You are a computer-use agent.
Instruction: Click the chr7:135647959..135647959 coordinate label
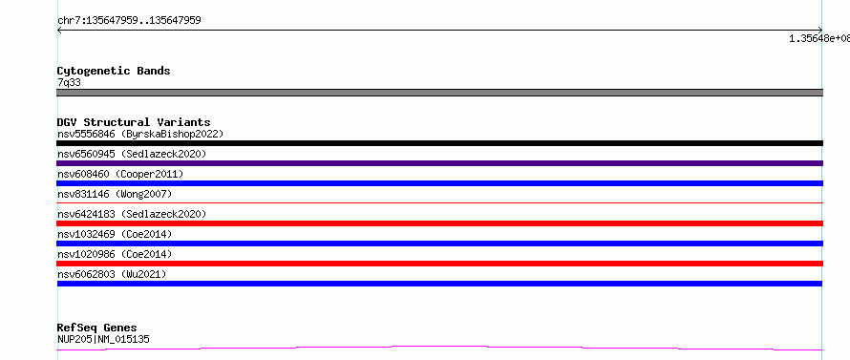click(x=129, y=21)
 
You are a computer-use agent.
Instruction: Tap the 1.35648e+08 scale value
click(x=819, y=38)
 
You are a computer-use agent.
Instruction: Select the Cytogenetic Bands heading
click(x=114, y=71)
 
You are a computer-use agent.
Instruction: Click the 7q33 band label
click(x=70, y=82)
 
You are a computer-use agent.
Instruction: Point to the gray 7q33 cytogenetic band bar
click(x=439, y=93)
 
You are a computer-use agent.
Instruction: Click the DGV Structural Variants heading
click(x=134, y=122)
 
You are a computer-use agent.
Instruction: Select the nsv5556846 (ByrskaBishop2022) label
click(x=140, y=134)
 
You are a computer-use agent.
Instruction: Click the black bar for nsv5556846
click(x=439, y=143)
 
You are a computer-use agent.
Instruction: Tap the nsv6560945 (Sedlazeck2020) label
click(x=132, y=154)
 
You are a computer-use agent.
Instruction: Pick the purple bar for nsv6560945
click(x=439, y=163)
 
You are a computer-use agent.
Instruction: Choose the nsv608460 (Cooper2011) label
click(x=120, y=174)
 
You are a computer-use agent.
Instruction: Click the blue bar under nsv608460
click(x=439, y=183)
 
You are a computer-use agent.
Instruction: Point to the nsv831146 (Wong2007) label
click(x=115, y=194)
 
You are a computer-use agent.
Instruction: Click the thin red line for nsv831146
click(x=439, y=202)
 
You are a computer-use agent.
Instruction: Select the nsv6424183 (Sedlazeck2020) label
click(x=132, y=214)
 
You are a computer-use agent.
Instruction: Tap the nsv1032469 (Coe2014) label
click(x=115, y=234)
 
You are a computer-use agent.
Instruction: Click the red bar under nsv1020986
click(x=439, y=264)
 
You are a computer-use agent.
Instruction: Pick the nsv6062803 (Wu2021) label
click(x=112, y=274)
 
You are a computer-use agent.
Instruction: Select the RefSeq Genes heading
click(x=97, y=328)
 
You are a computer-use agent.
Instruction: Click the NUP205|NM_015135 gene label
click(x=103, y=339)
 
